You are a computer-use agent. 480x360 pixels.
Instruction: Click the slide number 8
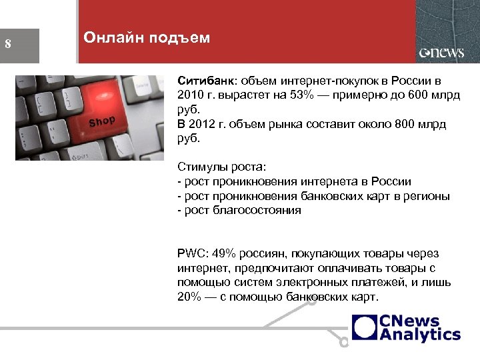(8, 45)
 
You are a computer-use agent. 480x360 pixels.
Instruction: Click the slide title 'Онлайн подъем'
(147, 38)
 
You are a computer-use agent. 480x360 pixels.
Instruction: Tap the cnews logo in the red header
(441, 53)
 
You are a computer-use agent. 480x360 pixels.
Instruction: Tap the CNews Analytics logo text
(420, 327)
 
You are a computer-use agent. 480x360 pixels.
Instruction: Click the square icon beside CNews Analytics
(365, 327)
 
